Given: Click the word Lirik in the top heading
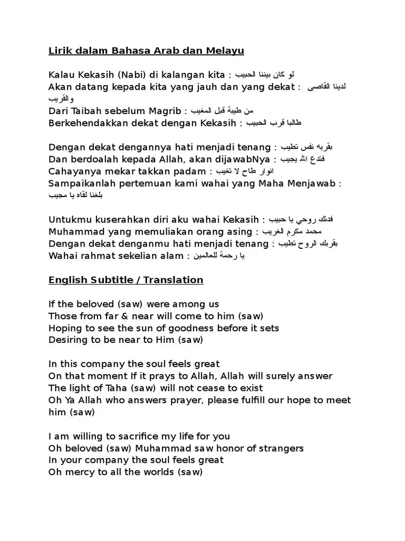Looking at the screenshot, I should [x=60, y=51].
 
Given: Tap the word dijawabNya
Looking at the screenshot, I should [x=242, y=159].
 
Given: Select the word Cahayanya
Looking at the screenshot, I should [x=73, y=171].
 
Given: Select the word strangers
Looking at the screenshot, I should [x=281, y=449].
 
